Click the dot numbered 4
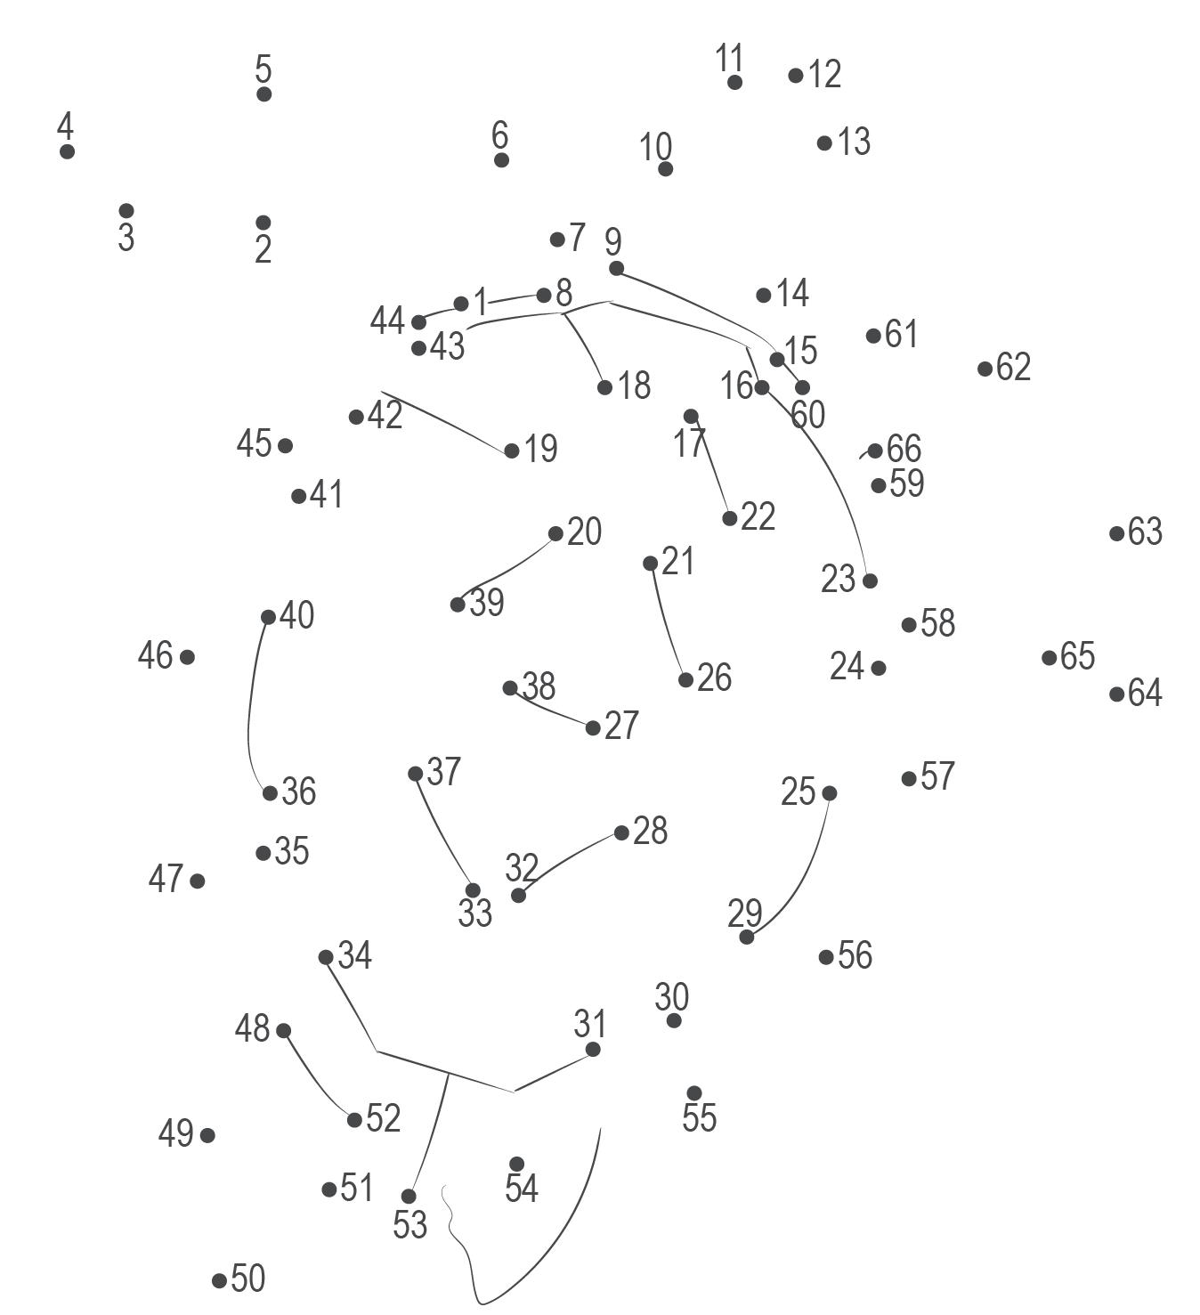click(67, 151)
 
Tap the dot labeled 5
click(264, 94)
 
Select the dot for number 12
click(796, 76)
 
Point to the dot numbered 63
click(1117, 533)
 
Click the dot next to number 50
click(219, 1280)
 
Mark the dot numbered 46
click(187, 657)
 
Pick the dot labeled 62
click(985, 369)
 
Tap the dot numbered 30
click(674, 1020)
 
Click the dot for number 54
click(516, 1164)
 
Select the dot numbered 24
click(879, 668)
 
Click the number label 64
click(1145, 693)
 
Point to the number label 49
click(175, 1133)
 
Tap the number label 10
click(656, 146)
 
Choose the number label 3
click(126, 238)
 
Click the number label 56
click(855, 955)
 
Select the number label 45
click(254, 443)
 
